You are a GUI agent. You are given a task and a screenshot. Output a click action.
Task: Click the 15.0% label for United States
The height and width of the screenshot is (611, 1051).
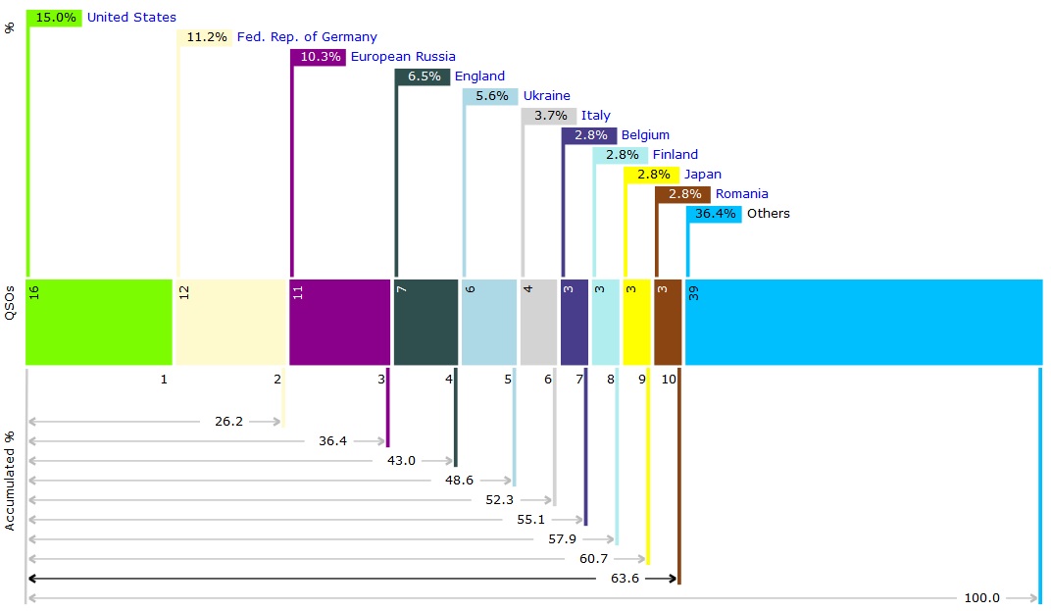tap(55, 18)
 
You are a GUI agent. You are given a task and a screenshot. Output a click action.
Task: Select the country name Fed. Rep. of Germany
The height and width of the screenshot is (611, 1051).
tap(307, 37)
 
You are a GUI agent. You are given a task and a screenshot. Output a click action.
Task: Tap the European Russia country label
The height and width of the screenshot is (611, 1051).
tap(403, 57)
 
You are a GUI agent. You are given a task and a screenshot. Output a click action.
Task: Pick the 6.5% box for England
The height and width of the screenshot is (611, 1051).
tap(424, 76)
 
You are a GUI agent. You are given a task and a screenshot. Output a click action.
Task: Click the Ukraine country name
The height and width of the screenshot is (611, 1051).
tap(546, 96)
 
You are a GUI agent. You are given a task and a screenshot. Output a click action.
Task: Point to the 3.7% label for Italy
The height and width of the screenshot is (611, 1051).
tap(549, 116)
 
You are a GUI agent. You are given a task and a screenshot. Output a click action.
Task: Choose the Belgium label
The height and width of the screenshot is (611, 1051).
tap(645, 135)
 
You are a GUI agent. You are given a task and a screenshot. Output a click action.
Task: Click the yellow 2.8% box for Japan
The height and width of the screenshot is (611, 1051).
tap(653, 175)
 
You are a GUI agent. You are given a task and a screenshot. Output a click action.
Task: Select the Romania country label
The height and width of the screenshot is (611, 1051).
tap(741, 194)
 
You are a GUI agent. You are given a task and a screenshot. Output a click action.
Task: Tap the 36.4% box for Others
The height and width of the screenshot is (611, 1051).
tap(715, 214)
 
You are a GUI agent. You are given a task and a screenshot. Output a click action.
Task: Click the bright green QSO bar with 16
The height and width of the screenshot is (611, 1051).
tap(99, 322)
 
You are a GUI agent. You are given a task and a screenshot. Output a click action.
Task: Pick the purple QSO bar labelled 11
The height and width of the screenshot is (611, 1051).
tap(339, 322)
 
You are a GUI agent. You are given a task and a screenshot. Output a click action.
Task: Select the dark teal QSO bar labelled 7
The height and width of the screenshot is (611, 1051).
tap(425, 322)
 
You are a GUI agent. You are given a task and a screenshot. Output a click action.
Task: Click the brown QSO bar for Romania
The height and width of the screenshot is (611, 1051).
tap(667, 322)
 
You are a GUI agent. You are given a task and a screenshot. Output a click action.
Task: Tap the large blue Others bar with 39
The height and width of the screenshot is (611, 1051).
tap(863, 322)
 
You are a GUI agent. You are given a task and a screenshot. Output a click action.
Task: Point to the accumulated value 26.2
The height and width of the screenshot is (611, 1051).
tap(228, 422)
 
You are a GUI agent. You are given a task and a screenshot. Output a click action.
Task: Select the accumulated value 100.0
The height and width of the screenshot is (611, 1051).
tap(982, 598)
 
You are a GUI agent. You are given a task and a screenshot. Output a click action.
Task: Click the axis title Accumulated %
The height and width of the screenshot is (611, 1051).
tap(10, 481)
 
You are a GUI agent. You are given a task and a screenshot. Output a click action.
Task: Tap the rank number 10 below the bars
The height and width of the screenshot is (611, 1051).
tap(669, 380)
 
